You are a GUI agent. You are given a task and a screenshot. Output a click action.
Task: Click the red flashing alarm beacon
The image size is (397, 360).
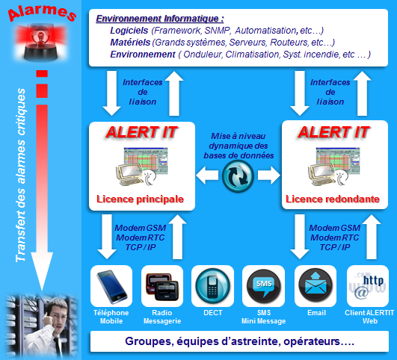[x=41, y=43]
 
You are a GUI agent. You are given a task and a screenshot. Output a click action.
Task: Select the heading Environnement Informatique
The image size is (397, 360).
[x=160, y=19]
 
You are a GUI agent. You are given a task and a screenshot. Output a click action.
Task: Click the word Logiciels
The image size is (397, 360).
[x=129, y=31]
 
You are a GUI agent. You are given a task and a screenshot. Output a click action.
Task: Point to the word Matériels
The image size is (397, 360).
[x=130, y=43]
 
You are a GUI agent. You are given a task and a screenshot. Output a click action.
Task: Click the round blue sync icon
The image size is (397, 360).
[x=238, y=176]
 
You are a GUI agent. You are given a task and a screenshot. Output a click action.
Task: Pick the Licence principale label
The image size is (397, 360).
[x=140, y=199]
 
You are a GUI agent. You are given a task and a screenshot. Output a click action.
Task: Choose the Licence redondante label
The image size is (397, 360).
[x=333, y=199]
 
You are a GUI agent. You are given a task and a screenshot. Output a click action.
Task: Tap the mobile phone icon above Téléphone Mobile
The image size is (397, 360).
[x=111, y=286]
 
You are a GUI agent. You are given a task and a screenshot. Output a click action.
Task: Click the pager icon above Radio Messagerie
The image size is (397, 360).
[x=162, y=287]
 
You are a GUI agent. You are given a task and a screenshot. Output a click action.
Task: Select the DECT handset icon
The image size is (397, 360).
[x=212, y=286]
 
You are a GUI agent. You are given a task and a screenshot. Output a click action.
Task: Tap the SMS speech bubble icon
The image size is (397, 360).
[x=264, y=286]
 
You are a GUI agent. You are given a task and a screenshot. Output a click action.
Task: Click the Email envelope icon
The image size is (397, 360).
[x=316, y=286]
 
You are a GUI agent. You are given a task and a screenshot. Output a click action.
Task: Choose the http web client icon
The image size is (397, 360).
[x=368, y=286]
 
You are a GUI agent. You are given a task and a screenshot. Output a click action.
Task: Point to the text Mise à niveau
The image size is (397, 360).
[x=238, y=136]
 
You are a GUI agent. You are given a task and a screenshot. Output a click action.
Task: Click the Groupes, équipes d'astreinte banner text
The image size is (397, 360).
[x=239, y=341]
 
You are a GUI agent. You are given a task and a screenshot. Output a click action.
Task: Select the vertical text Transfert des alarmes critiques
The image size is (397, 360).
[x=20, y=175]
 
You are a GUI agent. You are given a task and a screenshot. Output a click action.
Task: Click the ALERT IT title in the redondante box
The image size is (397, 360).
[x=333, y=132]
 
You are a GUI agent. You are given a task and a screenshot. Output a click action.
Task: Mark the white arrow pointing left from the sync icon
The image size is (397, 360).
[x=207, y=175]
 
